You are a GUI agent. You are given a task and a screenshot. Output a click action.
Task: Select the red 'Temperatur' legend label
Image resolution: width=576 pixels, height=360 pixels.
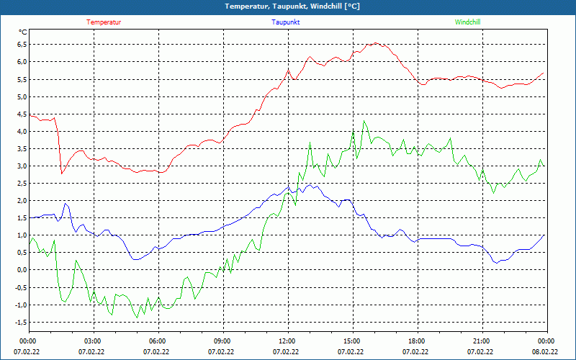pos(104,22)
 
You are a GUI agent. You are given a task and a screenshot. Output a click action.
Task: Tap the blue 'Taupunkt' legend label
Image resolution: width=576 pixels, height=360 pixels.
pos(286,22)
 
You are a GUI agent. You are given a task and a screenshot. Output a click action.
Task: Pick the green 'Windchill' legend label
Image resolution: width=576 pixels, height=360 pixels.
pos(467,22)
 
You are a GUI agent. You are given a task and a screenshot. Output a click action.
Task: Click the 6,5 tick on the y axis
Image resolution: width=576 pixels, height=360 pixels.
pos(21,45)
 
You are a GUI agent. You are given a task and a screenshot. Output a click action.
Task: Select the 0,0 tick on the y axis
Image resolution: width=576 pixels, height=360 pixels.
pos(21,270)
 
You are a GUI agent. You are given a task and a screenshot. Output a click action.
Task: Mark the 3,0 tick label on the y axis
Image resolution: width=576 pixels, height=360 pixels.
pos(21,166)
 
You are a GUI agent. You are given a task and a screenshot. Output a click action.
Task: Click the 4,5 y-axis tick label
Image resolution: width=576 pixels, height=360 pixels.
pos(21,114)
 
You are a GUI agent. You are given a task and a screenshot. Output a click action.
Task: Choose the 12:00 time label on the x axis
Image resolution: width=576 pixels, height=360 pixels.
pos(287,341)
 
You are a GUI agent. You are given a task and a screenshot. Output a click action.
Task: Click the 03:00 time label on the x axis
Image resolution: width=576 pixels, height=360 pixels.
pos(93,341)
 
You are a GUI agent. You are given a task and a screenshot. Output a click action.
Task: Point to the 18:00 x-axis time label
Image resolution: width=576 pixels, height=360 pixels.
pos(416,341)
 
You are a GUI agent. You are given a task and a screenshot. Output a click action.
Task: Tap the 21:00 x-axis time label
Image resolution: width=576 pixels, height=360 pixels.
pos(481,341)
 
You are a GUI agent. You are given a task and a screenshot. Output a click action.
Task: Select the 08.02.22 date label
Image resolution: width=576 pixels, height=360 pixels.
pos(545,352)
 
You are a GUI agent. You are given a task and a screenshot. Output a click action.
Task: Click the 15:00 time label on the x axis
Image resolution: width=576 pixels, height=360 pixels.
pos(351,341)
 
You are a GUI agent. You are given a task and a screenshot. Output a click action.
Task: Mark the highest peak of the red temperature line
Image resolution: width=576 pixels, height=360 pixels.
pos(375,43)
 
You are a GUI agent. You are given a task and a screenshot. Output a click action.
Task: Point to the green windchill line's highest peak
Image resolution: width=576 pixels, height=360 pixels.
pos(364,121)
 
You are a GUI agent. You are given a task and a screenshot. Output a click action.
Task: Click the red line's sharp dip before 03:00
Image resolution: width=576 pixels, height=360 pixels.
pos(62,174)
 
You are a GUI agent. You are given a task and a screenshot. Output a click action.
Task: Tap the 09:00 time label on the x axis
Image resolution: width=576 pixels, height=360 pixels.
pos(222,341)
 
